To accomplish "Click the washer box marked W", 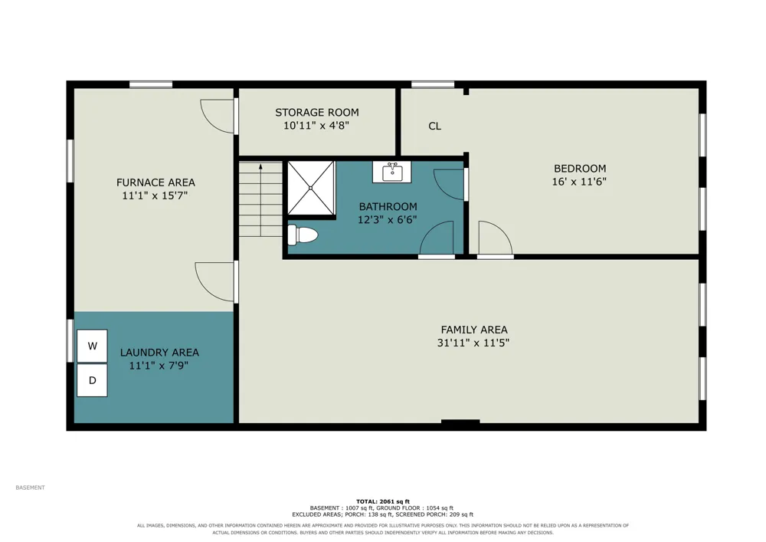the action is pyautogui.click(x=93, y=346).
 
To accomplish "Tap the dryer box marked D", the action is pyautogui.click(x=93, y=379).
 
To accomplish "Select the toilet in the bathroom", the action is pyautogui.click(x=303, y=235).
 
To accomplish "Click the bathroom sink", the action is pyautogui.click(x=391, y=172).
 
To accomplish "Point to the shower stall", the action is pyautogui.click(x=311, y=188).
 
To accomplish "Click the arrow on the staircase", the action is pyautogui.click(x=261, y=200).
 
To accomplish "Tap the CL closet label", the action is pyautogui.click(x=435, y=126).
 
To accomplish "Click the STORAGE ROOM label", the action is pyautogui.click(x=317, y=113).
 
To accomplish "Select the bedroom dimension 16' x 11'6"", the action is pyautogui.click(x=579, y=182).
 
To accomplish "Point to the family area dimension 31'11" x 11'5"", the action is pyautogui.click(x=473, y=343).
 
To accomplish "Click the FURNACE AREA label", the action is pyautogui.click(x=155, y=182).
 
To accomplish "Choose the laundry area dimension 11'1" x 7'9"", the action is pyautogui.click(x=159, y=365).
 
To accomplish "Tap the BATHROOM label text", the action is pyautogui.click(x=388, y=206).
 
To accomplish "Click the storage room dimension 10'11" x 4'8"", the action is pyautogui.click(x=316, y=126).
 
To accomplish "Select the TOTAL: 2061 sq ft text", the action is pyautogui.click(x=383, y=501).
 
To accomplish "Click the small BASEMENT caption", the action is pyautogui.click(x=31, y=488).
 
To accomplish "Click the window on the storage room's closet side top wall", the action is pyautogui.click(x=433, y=84).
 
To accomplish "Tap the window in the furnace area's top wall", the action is pyautogui.click(x=151, y=84).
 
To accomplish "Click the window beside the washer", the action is pyautogui.click(x=70, y=340).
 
